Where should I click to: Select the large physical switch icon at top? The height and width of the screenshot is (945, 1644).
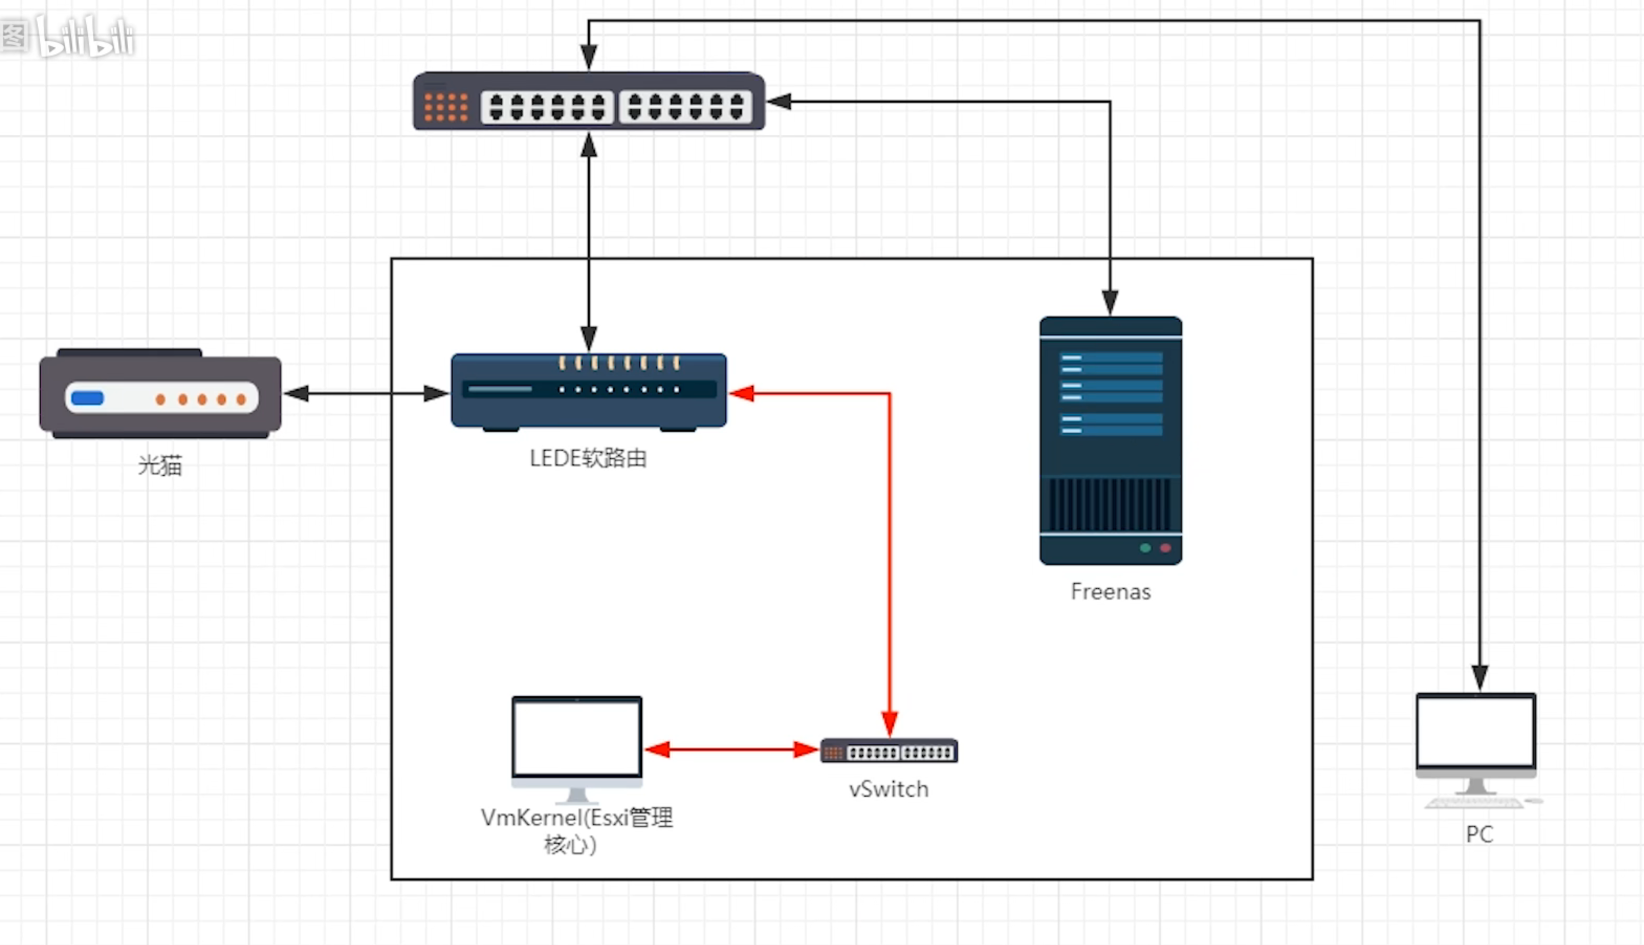click(589, 102)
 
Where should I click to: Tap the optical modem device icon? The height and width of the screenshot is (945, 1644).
click(160, 395)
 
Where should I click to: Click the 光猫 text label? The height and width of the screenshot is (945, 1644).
click(160, 465)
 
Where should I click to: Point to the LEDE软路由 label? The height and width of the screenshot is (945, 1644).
click(588, 458)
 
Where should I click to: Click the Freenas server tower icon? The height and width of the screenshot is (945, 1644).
click(1111, 441)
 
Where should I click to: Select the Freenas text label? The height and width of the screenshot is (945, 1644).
click(1111, 592)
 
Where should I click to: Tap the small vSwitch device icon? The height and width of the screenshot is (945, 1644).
click(889, 752)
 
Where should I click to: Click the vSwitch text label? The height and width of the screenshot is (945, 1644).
click(889, 789)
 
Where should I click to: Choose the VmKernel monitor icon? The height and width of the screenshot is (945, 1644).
click(577, 746)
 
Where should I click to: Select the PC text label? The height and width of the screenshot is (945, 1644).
click(1479, 834)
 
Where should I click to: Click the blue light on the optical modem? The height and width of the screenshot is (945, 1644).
click(87, 398)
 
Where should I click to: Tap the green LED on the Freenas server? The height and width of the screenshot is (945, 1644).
click(1145, 548)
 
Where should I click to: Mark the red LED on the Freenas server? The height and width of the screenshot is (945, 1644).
click(1165, 548)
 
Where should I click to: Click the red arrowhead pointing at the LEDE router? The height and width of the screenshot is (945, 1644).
click(741, 393)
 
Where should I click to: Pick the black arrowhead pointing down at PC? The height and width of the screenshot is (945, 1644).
click(1479, 678)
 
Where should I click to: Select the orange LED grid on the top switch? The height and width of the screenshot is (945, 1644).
click(446, 107)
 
